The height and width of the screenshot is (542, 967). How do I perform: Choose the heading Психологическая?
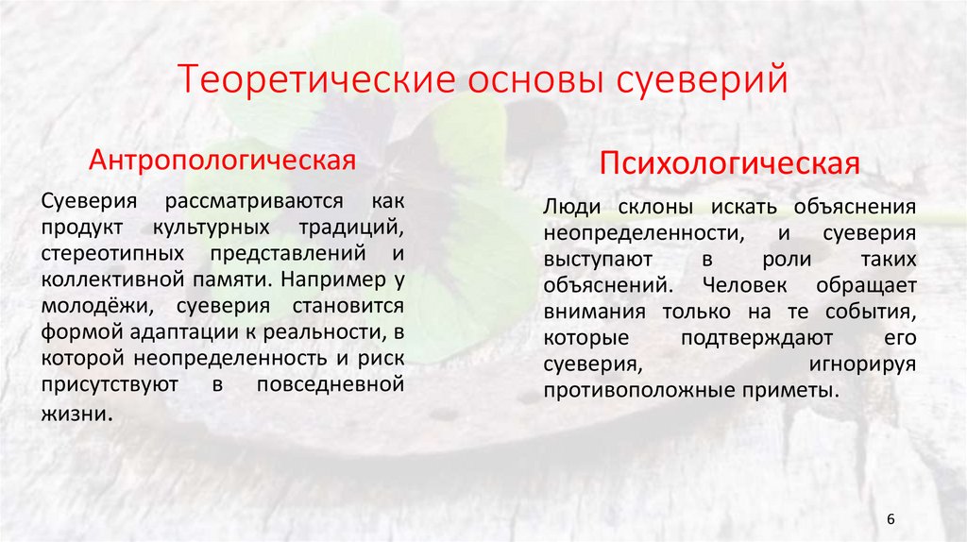click(x=730, y=164)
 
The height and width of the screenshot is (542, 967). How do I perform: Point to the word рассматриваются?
click(x=257, y=203)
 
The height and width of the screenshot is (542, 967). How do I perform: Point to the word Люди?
click(x=569, y=207)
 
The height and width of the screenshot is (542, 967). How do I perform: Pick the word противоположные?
click(x=628, y=390)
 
